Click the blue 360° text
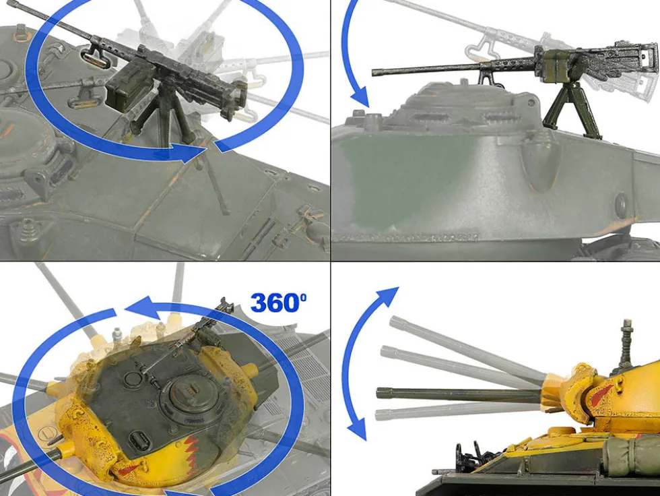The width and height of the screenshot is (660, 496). pos(278,302)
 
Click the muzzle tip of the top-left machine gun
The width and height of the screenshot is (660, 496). pos(9,4)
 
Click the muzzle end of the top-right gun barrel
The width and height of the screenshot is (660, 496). pos(374,73)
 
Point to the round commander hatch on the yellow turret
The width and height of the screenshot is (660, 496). pos(187,396)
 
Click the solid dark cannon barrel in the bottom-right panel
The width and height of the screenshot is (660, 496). pos(459,394)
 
